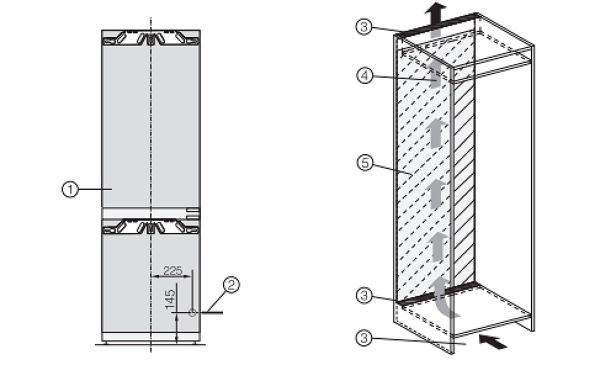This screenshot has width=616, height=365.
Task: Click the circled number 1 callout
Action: [x=70, y=189]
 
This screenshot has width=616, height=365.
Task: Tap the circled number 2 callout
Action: [x=231, y=284]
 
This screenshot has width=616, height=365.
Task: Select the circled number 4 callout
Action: [x=365, y=75]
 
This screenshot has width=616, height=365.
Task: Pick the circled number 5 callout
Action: [x=365, y=162]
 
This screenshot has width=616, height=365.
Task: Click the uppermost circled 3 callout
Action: [x=364, y=27]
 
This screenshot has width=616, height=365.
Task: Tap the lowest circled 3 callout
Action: [x=364, y=338]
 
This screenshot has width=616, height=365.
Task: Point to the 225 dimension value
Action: [x=173, y=270]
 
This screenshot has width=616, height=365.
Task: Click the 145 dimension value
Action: [x=170, y=299]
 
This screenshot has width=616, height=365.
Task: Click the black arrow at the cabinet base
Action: [x=493, y=342]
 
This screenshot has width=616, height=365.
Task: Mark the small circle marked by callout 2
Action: [x=192, y=313]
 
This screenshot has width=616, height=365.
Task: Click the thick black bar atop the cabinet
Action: [x=436, y=25]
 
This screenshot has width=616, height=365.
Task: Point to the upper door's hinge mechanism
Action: [x=151, y=39]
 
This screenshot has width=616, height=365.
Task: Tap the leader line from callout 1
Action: [x=95, y=189]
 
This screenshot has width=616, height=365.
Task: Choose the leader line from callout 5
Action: [x=392, y=169]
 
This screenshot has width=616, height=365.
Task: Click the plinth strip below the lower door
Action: [x=151, y=337]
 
